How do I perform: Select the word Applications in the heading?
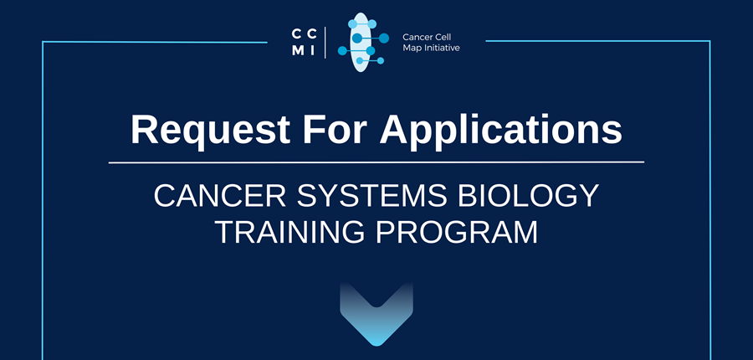click(x=501, y=130)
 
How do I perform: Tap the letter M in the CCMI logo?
click(x=298, y=51)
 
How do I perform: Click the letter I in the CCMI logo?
click(x=313, y=51)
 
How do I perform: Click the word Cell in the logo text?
click(x=443, y=37)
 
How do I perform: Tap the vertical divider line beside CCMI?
click(x=325, y=43)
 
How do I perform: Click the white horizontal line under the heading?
click(x=376, y=162)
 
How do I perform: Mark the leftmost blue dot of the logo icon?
click(x=342, y=50)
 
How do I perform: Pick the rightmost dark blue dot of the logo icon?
click(x=384, y=38)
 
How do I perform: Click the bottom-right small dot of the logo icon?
click(x=381, y=60)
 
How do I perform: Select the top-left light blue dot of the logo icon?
click(x=352, y=23)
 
